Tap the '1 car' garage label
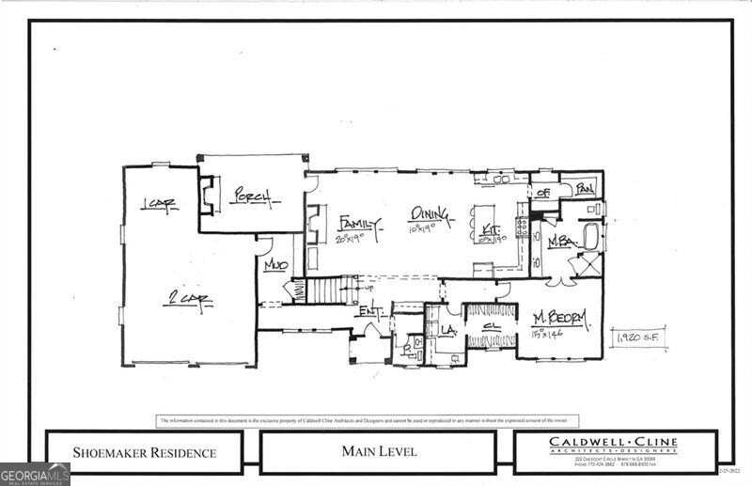pyautogui.click(x=160, y=205)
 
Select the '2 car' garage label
pyautogui.click(x=186, y=300)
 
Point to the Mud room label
pyautogui.click(x=275, y=266)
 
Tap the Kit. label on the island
pyautogui.click(x=492, y=229)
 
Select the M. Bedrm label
pyautogui.click(x=560, y=320)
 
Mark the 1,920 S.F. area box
pyautogui.click(x=638, y=337)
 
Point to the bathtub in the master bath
pyautogui.click(x=591, y=235)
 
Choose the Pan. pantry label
pyautogui.click(x=584, y=187)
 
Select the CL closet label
pyautogui.click(x=489, y=328)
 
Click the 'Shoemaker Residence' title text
pyautogui.click(x=144, y=452)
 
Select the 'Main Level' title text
pyautogui.click(x=380, y=452)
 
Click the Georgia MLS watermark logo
pyautogui.click(x=35, y=475)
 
